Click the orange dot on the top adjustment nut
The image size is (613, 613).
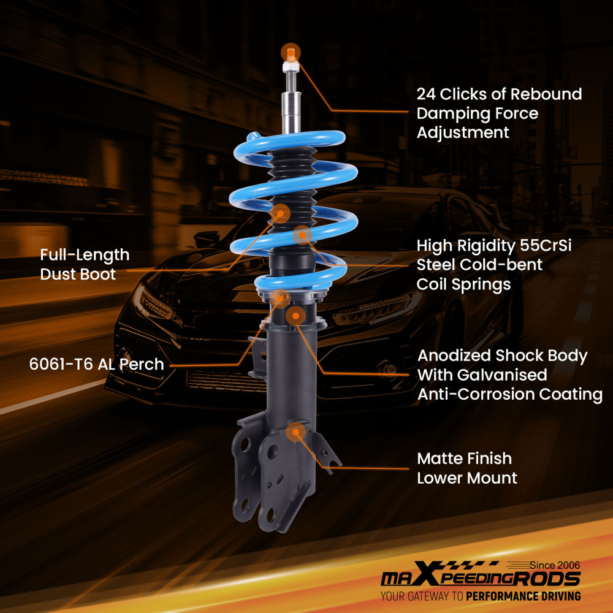(x=291, y=51)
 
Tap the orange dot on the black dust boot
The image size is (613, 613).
(x=281, y=213)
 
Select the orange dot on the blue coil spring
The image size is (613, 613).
(x=302, y=234)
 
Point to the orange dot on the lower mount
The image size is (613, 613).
(x=296, y=432)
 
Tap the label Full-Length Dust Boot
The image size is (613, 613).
(x=85, y=264)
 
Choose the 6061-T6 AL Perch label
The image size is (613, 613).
(x=96, y=364)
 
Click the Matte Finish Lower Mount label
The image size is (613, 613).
(x=467, y=468)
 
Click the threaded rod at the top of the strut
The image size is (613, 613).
(x=290, y=80)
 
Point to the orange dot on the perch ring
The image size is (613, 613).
(x=281, y=299)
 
